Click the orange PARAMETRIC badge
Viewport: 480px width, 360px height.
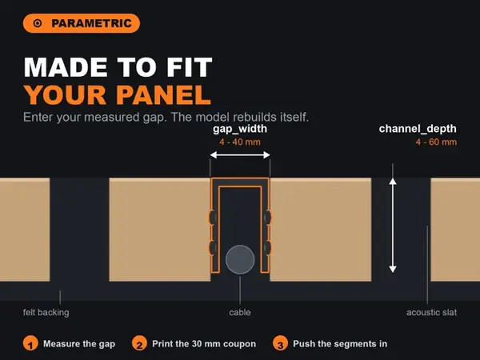pos(82,23)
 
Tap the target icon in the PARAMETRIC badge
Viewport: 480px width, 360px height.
pos(38,23)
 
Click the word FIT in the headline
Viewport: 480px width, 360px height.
pos(189,67)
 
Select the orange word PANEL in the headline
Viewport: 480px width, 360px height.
pos(163,95)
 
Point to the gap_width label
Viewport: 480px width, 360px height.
pos(240,129)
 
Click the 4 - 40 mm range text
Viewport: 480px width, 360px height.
pos(240,142)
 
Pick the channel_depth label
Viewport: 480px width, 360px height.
pos(418,129)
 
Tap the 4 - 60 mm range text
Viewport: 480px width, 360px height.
pos(436,142)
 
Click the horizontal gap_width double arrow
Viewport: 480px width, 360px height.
pos(240,155)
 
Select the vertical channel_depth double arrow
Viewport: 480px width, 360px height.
pos(393,226)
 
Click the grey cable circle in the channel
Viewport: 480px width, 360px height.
pos(240,259)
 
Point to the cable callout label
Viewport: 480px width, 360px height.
pos(240,313)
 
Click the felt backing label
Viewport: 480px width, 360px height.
pos(46,313)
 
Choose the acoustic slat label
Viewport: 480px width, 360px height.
pos(432,313)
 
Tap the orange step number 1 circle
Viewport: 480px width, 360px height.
pos(30,344)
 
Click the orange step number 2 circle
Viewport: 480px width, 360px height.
pos(139,344)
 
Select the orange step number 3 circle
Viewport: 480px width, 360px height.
pos(280,344)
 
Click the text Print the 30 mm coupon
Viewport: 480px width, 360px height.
pos(204,344)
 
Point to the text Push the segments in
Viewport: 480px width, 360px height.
pos(340,344)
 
